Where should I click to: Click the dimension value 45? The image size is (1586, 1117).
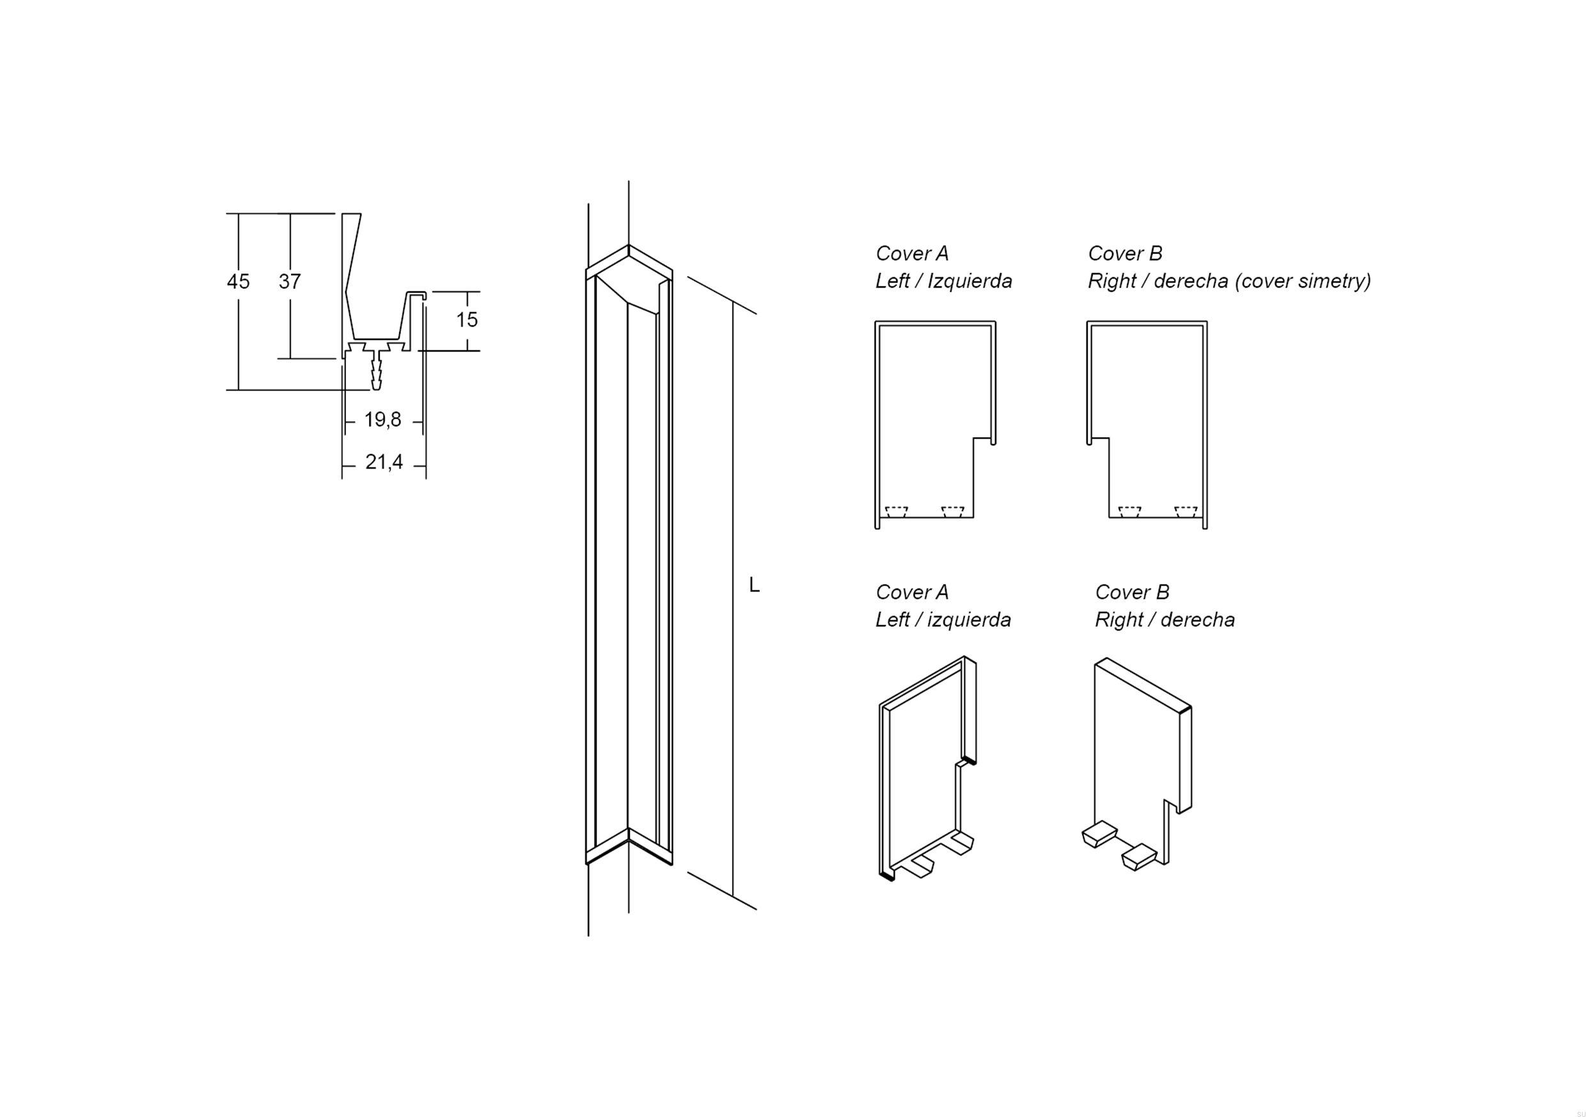(239, 282)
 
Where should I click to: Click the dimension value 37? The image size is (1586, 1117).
(290, 282)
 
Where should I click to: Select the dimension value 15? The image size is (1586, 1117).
(466, 320)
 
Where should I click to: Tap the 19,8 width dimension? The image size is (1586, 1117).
(382, 420)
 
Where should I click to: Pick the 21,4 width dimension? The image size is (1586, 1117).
(384, 462)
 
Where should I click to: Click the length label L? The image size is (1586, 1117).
(755, 585)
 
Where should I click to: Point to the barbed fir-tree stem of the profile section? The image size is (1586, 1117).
(376, 373)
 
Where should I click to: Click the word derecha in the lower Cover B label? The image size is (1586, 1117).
(1198, 619)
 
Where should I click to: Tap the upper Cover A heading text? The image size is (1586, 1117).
(912, 253)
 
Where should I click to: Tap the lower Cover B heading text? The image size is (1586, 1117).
(1132, 592)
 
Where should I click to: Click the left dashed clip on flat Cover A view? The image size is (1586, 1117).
(896, 512)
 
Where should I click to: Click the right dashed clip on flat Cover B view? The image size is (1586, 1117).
(1186, 512)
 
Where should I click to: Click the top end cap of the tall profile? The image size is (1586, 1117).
(629, 266)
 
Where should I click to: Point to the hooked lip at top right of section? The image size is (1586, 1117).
(417, 295)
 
